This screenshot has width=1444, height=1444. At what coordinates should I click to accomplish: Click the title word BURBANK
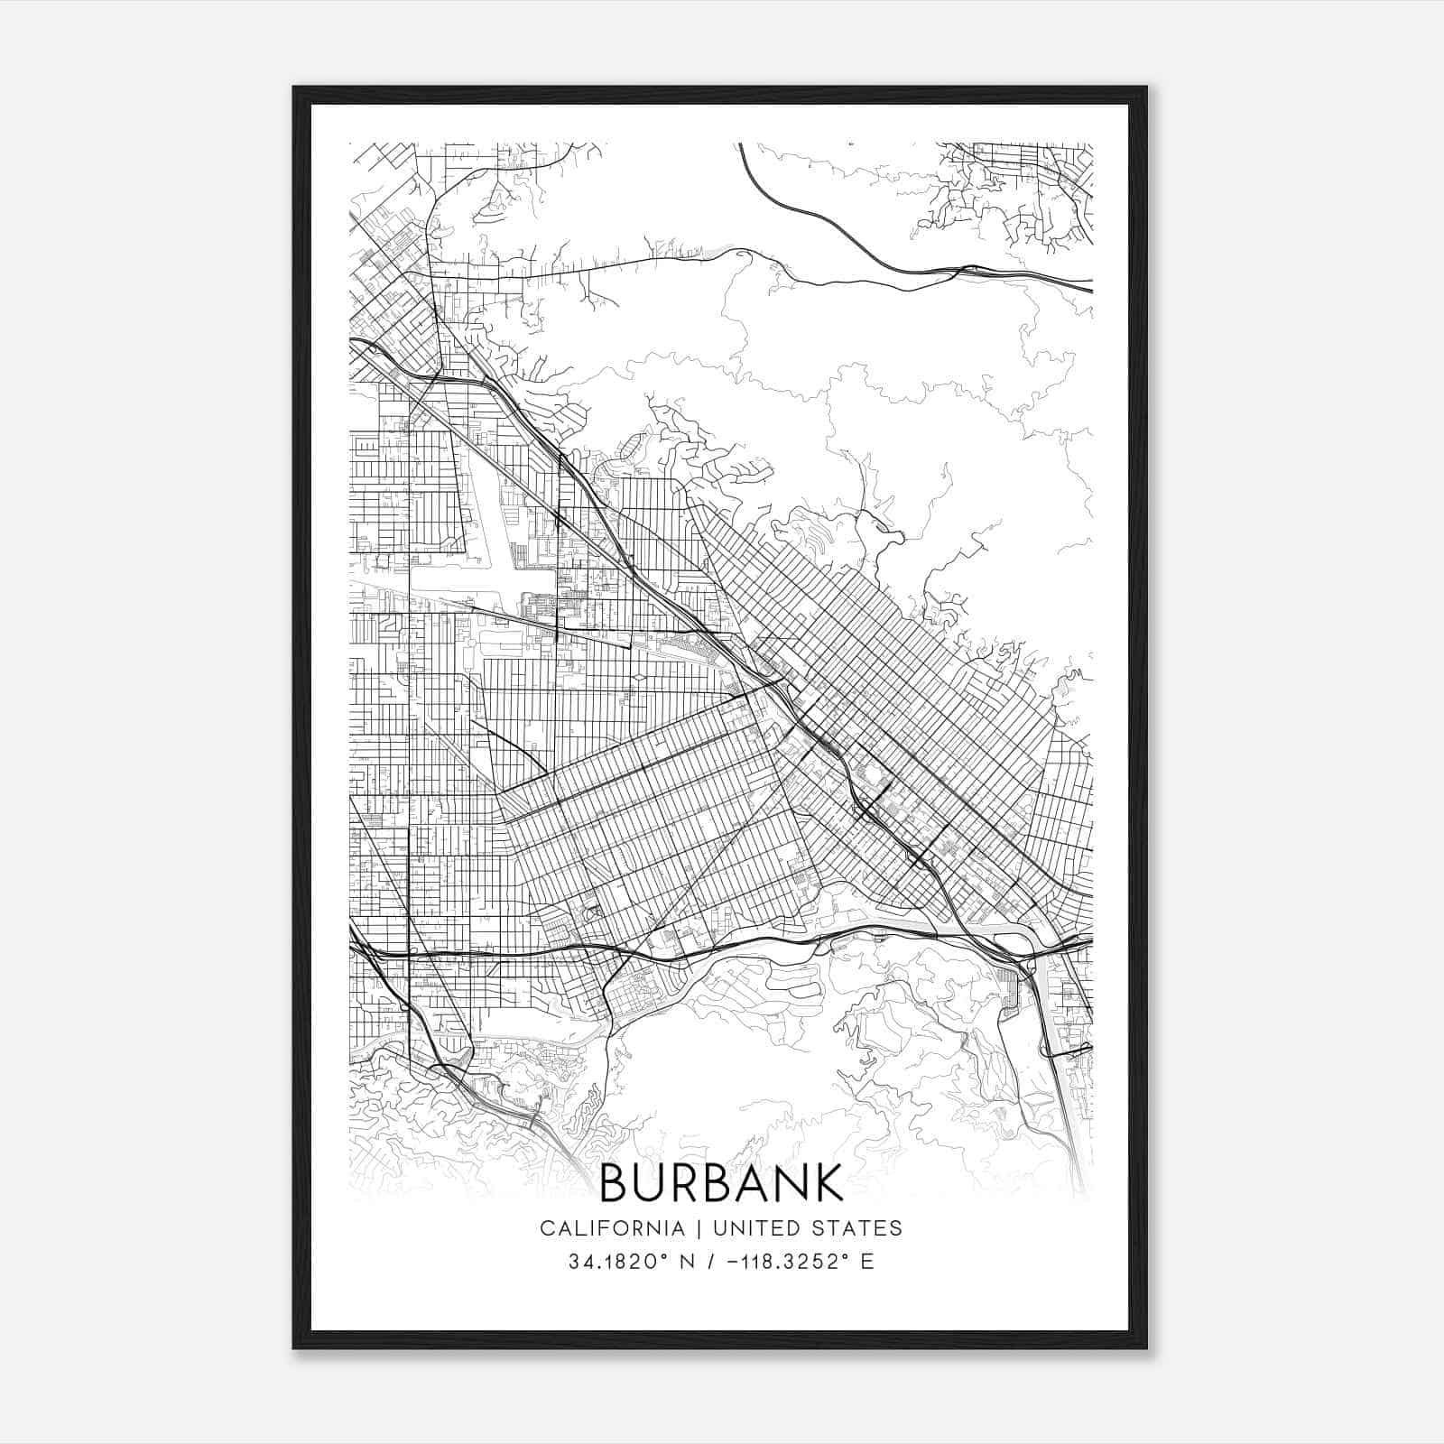coord(720,1182)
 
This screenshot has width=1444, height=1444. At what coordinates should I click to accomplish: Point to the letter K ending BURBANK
coord(828,1182)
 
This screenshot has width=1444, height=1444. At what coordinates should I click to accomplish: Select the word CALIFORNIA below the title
coord(612,1228)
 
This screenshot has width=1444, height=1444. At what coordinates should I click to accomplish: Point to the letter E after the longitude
coord(867,1262)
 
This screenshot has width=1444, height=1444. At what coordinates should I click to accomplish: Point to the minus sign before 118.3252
coord(735,1262)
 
